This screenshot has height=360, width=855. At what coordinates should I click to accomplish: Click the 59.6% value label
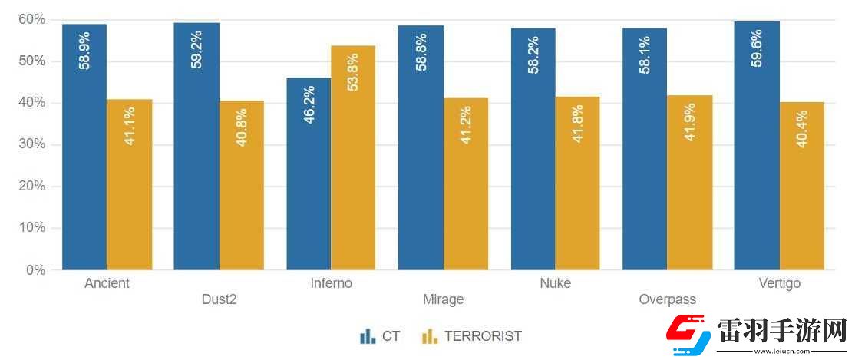(757, 48)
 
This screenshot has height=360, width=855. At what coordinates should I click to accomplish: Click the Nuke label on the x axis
(555, 283)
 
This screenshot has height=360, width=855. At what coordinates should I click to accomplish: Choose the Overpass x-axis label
(667, 299)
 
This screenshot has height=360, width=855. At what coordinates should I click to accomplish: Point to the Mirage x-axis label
(443, 299)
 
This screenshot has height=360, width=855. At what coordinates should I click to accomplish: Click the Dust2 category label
(219, 299)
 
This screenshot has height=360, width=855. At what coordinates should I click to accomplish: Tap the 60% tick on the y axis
(31, 19)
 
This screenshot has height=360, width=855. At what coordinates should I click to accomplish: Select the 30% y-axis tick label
(31, 144)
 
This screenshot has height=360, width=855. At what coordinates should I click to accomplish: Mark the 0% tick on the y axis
(35, 270)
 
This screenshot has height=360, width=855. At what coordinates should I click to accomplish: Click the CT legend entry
(381, 336)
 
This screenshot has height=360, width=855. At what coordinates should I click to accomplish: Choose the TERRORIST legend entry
(473, 336)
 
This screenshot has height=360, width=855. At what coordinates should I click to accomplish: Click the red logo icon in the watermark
(688, 335)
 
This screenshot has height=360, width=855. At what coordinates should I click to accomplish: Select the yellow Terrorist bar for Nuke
(577, 184)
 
